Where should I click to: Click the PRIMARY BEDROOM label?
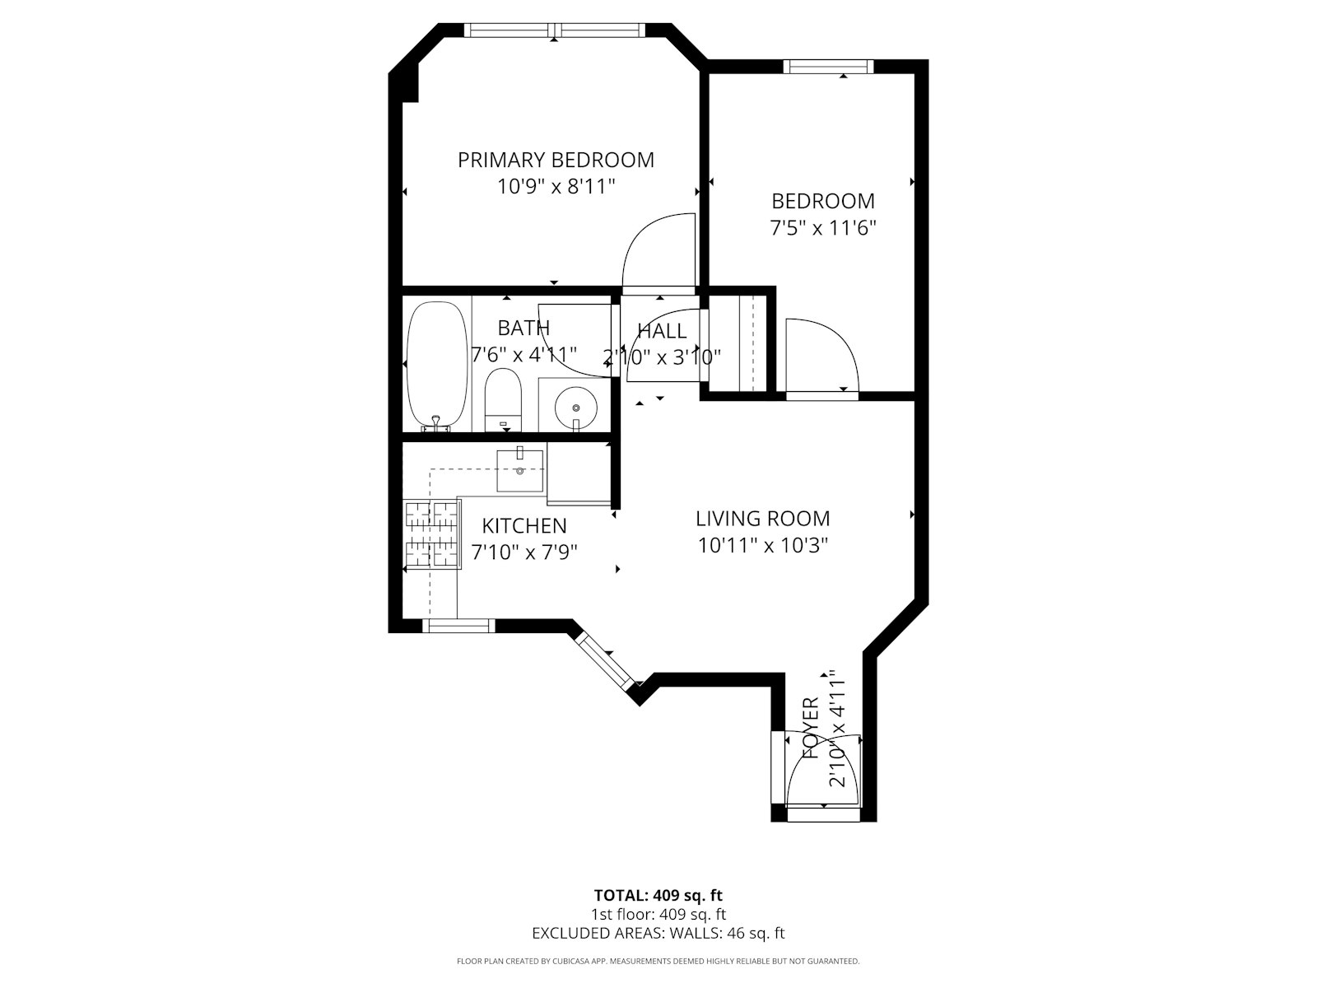click(x=556, y=160)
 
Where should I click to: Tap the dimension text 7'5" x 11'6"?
click(x=822, y=228)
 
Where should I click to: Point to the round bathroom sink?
click(x=575, y=406)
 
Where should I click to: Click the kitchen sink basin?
click(x=520, y=471)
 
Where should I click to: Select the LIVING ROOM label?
click(x=762, y=519)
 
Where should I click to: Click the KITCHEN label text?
click(x=524, y=525)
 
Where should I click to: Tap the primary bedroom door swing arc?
click(x=658, y=251)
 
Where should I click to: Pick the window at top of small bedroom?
click(x=827, y=67)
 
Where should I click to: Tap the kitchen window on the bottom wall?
click(x=458, y=627)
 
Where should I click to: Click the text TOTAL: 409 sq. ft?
click(x=658, y=895)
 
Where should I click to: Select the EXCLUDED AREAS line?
click(x=658, y=933)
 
